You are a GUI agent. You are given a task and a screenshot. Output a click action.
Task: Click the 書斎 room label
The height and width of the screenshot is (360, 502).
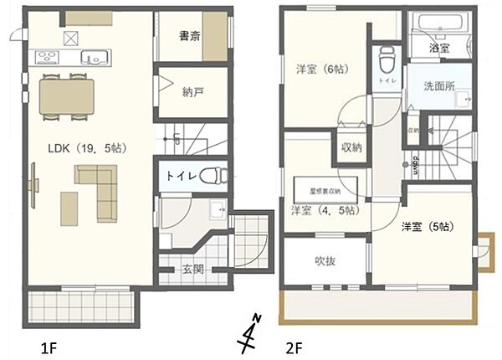189,36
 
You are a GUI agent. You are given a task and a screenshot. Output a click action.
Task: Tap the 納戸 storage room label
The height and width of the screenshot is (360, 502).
193,94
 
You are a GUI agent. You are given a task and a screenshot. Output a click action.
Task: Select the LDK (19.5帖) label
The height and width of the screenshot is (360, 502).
85,149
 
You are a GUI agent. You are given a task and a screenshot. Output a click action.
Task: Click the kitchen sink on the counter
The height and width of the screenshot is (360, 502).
92,58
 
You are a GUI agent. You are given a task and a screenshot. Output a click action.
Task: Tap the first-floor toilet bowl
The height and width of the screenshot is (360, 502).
213,177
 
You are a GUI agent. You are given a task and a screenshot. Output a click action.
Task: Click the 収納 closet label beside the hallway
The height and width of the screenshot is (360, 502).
351,148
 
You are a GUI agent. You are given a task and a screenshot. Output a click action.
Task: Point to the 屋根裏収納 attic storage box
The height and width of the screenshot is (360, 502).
325,185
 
